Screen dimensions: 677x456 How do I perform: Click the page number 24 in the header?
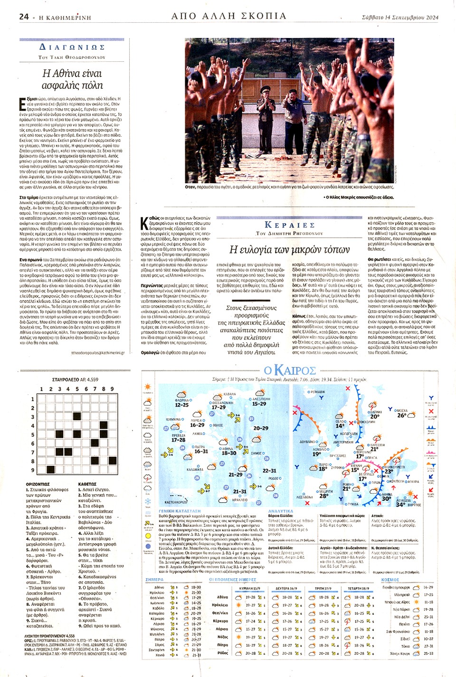[24, 17]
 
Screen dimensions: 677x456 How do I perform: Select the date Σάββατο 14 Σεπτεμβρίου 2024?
[400, 18]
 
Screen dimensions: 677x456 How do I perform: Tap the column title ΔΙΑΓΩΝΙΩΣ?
[72, 47]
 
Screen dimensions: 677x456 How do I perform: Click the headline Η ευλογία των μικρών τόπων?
[289, 249]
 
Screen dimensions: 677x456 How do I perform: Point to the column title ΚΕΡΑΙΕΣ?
[289, 225]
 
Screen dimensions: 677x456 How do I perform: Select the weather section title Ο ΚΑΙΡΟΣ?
[289, 370]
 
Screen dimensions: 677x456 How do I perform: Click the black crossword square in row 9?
[50, 470]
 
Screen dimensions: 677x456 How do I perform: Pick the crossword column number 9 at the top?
[112, 389]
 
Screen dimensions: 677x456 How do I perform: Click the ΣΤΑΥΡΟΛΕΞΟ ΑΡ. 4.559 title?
[75, 380]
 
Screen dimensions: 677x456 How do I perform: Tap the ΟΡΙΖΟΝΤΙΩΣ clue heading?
[38, 484]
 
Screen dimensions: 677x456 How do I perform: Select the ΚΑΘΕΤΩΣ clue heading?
[87, 484]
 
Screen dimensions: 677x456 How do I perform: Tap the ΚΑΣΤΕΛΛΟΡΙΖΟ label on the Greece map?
[176, 502]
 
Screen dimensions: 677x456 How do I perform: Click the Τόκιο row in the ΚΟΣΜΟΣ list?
[406, 646]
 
